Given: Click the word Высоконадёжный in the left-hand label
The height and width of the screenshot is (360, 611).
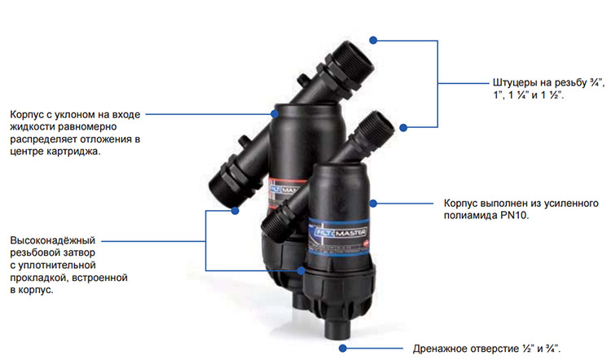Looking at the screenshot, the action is (53, 240).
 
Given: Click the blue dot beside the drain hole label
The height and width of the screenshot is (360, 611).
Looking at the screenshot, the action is (342, 349).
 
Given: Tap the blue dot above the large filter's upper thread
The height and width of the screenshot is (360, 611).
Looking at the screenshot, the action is (373, 40).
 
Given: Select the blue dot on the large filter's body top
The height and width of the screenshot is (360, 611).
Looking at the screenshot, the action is (275, 114).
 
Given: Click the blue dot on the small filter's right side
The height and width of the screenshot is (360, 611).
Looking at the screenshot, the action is (373, 204).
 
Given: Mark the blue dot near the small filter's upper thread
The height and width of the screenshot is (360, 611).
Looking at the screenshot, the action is (403, 127).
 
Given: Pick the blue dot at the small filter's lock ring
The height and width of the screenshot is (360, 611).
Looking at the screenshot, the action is (301, 270).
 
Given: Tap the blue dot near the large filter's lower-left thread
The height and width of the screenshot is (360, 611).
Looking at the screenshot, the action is (235, 211).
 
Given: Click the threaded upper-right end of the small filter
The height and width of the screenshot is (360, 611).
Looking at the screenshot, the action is (378, 125).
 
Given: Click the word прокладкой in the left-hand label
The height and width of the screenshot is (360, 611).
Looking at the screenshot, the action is (38, 278).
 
